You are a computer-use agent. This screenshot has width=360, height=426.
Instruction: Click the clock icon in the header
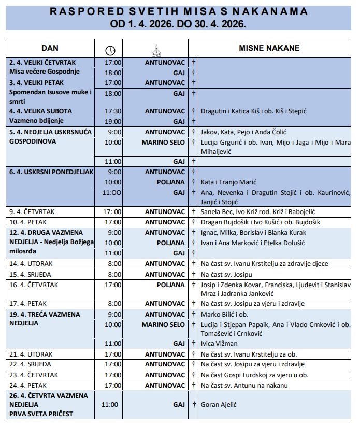click(x=110, y=50)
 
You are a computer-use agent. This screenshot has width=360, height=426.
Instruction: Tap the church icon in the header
click(x=156, y=50)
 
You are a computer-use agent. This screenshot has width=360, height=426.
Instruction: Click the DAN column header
click(x=50, y=48)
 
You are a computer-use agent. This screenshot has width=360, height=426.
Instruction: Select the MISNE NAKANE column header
click(x=269, y=48)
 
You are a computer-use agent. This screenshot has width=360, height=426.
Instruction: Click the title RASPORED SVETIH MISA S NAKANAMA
click(x=179, y=11)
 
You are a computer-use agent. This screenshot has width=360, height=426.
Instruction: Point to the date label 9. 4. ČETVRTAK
click(x=32, y=211)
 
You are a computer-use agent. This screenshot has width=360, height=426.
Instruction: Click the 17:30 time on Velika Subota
click(x=113, y=111)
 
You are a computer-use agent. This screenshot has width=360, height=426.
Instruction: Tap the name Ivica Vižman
click(x=219, y=343)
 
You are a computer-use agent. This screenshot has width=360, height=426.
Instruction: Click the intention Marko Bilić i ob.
click(x=224, y=314)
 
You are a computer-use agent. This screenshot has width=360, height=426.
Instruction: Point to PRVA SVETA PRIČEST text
click(x=40, y=413)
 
